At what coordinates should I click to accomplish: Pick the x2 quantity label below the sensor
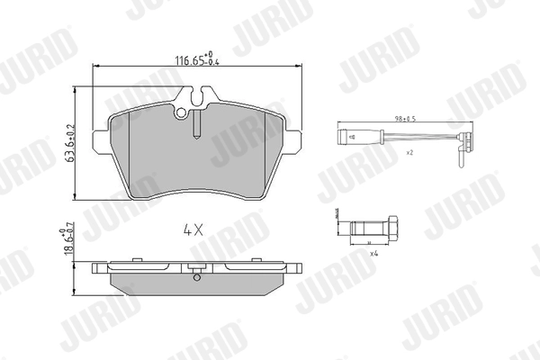pyautogui.click(x=409, y=154)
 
